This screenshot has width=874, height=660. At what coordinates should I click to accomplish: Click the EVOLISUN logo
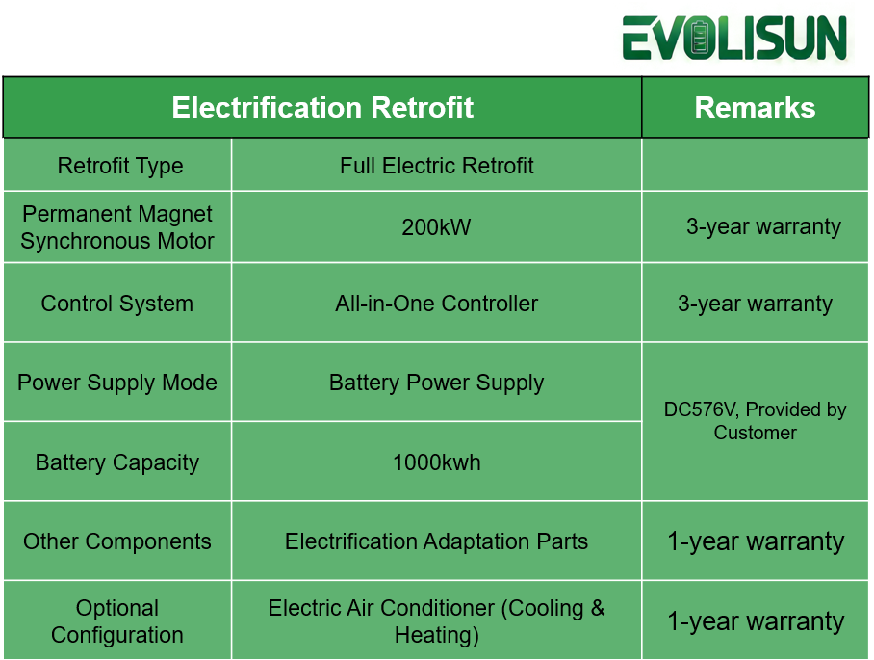click(735, 39)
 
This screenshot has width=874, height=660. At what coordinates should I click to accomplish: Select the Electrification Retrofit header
click(322, 107)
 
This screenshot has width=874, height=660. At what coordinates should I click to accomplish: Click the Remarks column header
click(755, 107)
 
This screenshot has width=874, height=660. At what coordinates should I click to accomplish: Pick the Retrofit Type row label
click(119, 166)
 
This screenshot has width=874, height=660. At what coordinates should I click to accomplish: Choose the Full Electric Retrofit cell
click(436, 166)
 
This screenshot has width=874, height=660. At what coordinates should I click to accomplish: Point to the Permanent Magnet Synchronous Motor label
click(117, 227)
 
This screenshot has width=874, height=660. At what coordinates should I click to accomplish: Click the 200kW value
click(436, 227)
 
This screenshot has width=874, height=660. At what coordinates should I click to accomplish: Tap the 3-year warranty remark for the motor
click(763, 227)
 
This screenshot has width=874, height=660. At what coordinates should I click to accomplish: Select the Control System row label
click(117, 304)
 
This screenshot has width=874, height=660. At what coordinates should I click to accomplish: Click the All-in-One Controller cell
click(436, 304)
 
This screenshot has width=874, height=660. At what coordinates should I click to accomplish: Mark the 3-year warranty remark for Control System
click(755, 304)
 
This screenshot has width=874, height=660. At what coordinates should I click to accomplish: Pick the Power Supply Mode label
click(117, 383)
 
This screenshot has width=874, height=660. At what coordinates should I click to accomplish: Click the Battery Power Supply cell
click(436, 383)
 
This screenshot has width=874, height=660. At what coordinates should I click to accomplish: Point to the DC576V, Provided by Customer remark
click(755, 421)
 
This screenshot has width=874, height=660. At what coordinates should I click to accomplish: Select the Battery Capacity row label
click(117, 462)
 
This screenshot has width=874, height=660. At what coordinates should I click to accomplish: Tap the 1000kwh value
click(436, 462)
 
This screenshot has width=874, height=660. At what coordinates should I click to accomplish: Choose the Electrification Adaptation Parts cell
click(436, 541)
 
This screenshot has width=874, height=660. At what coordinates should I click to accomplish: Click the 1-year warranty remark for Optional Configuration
click(755, 621)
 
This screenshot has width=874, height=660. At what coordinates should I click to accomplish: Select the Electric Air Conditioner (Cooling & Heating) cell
click(436, 621)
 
